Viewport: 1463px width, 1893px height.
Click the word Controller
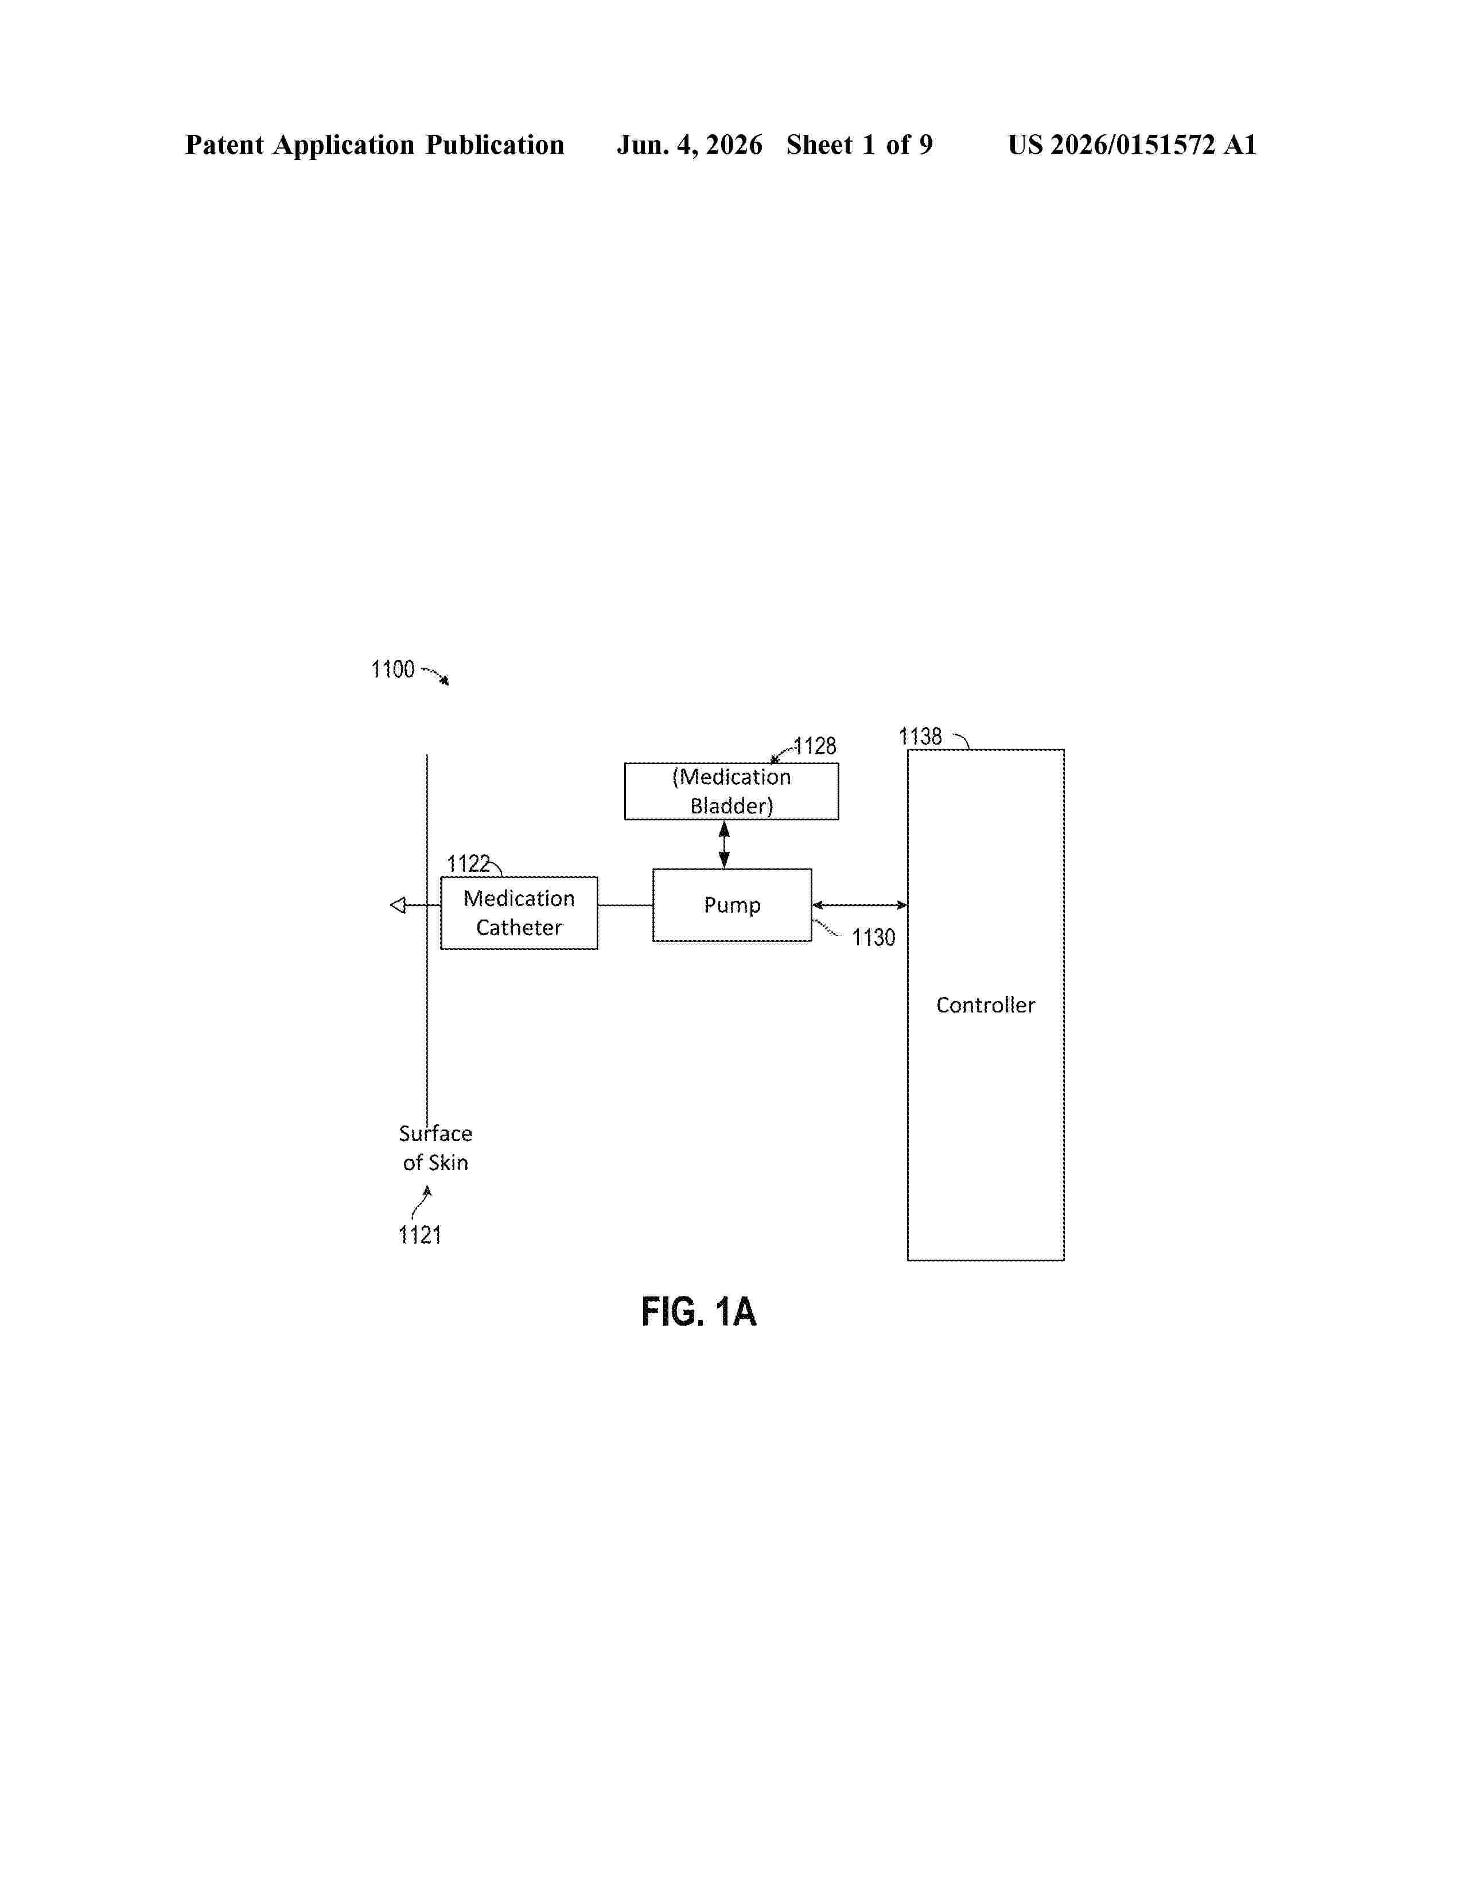pyautogui.click(x=986, y=1006)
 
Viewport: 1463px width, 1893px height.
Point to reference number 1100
pyautogui.click(x=392, y=670)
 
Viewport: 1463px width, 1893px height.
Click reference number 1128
pyautogui.click(x=815, y=746)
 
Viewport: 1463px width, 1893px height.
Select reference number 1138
pyautogui.click(x=920, y=737)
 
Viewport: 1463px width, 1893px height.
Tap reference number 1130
pyautogui.click(x=874, y=938)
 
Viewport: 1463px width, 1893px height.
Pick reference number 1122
pyautogui.click(x=468, y=864)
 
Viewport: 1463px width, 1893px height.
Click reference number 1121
pyautogui.click(x=419, y=1235)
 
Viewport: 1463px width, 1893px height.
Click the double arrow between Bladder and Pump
pyautogui.click(x=725, y=845)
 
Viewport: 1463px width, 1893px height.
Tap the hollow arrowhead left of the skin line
pyautogui.click(x=398, y=906)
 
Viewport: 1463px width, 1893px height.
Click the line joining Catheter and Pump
pyautogui.click(x=625, y=905)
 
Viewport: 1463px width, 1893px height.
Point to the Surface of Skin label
pyautogui.click(x=435, y=1148)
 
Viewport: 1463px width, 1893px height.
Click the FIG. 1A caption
pyautogui.click(x=699, y=1311)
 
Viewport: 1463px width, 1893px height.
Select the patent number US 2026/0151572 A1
pyautogui.click(x=1132, y=145)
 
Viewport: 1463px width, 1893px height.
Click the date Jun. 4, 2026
pyautogui.click(x=690, y=145)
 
